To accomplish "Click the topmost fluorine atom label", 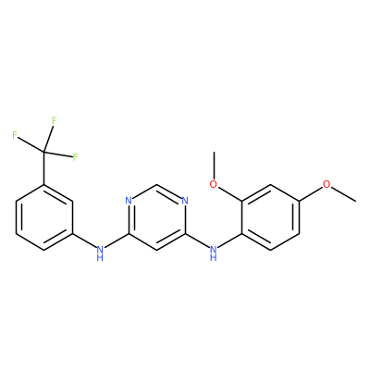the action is [x=55, y=120].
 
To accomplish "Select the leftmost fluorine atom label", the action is [x=15, y=135].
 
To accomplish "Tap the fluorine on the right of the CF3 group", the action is [x=75, y=157].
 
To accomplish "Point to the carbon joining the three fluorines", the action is [x=44, y=152].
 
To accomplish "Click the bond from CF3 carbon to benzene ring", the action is [x=44, y=168].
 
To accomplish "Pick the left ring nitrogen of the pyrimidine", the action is [x=129, y=201].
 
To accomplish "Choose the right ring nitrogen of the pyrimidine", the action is [x=185, y=201].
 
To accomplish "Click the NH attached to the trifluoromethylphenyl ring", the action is [x=100, y=253].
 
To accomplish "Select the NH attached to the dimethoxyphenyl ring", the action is [x=214, y=253].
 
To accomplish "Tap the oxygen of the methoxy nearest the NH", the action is [x=214, y=184].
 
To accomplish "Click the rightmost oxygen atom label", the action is [x=327, y=184].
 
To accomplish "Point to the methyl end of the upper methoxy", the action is [x=214, y=152].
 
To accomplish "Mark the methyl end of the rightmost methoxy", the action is [x=356, y=202].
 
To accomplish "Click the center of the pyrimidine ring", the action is [x=157, y=217].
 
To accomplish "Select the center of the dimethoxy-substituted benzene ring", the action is [x=270, y=217].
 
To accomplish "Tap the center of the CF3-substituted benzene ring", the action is [x=44, y=217].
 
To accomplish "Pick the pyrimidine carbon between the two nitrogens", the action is [x=157, y=185].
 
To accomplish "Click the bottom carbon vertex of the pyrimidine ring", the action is [x=157, y=250].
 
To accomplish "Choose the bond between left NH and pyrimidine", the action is [x=117, y=240].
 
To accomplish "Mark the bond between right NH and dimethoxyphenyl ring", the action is [x=229, y=241].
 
